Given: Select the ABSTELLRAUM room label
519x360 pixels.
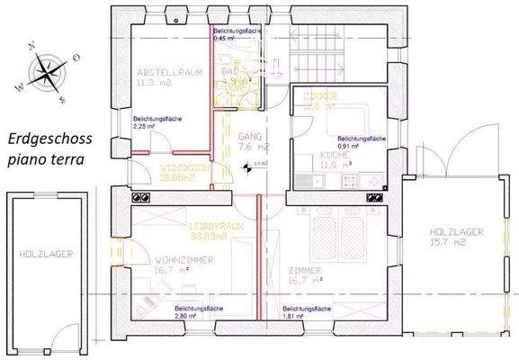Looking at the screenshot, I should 167,71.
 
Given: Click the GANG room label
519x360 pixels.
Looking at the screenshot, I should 249,137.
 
